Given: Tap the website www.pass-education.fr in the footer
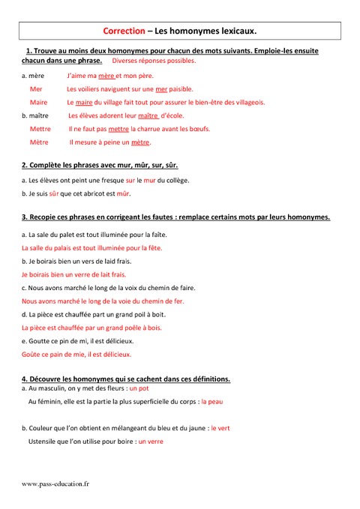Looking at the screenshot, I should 56,484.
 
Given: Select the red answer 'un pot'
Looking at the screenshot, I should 139,389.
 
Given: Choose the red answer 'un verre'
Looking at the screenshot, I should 151,442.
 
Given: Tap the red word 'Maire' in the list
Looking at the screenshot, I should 38,102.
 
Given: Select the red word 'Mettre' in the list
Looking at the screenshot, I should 40,128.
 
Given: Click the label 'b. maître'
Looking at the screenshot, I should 36,115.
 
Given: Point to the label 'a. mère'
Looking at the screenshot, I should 33,76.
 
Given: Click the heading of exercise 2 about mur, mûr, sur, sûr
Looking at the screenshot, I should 100,164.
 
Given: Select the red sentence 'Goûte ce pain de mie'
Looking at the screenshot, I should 76,354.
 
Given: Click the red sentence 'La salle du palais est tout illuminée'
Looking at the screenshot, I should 91,247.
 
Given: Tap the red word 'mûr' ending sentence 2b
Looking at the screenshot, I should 124,193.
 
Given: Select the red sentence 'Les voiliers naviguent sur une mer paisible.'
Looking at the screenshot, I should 130,89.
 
